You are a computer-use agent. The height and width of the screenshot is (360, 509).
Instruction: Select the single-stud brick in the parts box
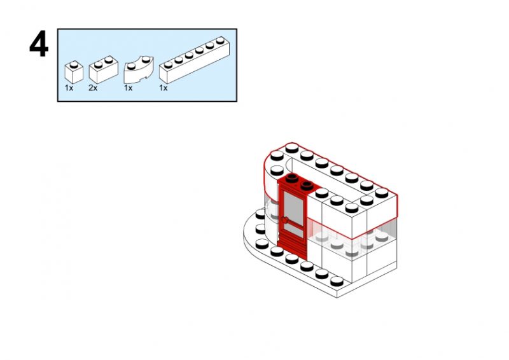(74, 72)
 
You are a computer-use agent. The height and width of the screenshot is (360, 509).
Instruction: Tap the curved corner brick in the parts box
(137, 71)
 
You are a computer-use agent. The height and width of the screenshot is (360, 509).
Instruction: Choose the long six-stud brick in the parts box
(193, 60)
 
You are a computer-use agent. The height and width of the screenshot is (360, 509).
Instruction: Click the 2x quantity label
(93, 88)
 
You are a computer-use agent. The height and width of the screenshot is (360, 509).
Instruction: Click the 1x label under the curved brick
(128, 88)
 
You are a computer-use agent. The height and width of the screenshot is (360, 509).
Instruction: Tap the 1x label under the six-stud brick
(163, 88)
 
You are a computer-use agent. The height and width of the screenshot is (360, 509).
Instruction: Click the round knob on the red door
(286, 221)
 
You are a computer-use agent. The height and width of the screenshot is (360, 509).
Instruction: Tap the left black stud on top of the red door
(292, 179)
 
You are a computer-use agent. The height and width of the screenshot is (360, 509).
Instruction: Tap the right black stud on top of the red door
(307, 186)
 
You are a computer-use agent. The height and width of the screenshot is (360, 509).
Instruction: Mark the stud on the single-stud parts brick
(74, 63)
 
